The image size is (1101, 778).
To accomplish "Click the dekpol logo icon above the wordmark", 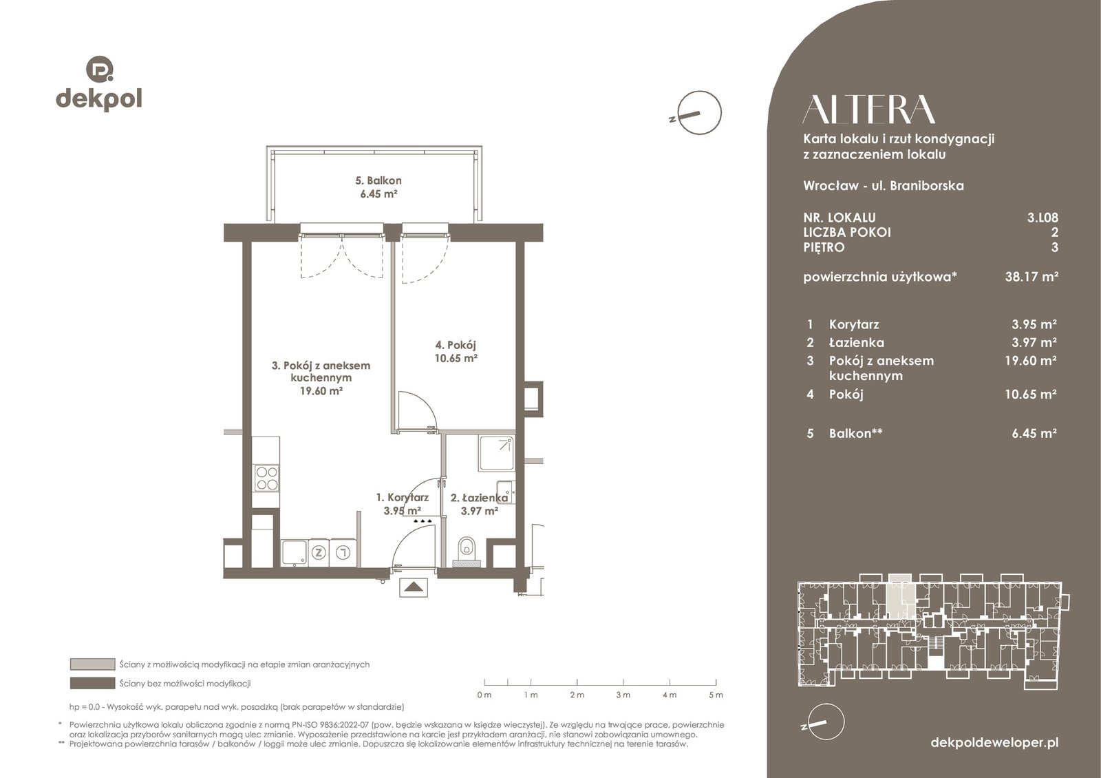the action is pos(99,69).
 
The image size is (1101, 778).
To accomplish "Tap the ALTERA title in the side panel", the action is pos(868,109).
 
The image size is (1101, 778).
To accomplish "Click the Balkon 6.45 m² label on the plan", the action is pos(378,187).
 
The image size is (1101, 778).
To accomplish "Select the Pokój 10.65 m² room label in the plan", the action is pos(456,351).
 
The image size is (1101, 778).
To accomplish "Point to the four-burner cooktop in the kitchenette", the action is pos(266,479).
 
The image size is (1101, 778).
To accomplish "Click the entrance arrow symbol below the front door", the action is pos(414,587).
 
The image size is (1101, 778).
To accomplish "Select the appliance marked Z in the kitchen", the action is pos(319,552).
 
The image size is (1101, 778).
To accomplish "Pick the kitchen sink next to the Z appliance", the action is pos(294,553).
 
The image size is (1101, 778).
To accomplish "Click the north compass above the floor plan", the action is pos(698,113).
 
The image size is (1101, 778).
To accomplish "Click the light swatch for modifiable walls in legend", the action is pos(92,664).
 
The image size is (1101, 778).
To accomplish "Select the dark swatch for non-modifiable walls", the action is pos(92,683).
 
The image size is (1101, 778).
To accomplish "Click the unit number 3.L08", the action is pos(1043,218).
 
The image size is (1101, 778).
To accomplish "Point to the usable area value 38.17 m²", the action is pos(1031,276).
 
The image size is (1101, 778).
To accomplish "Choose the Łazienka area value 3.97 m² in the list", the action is pos(1034,342).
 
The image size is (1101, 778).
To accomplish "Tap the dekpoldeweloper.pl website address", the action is pos(994,742).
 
